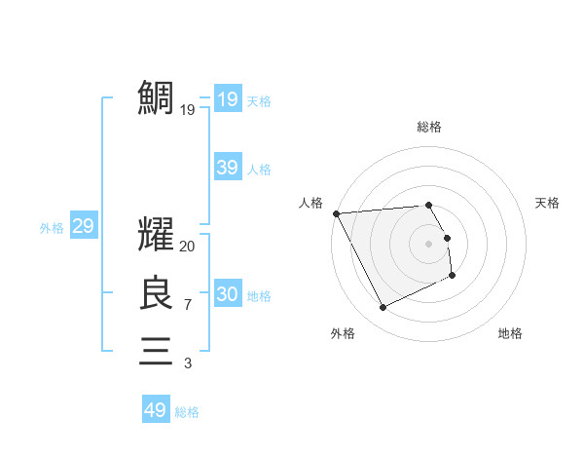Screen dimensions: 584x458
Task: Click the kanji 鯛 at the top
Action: pyautogui.click(x=156, y=98)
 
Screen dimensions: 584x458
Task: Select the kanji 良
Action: pyautogui.click(x=156, y=292)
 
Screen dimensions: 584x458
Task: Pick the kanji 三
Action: pyautogui.click(x=156, y=350)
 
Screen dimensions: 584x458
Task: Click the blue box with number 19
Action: pyautogui.click(x=228, y=98)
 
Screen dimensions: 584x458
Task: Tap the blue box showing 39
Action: pyautogui.click(x=228, y=168)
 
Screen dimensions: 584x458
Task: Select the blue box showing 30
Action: pyautogui.click(x=228, y=294)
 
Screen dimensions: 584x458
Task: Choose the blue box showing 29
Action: pyautogui.click(x=83, y=226)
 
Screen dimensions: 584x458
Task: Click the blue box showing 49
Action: pyautogui.click(x=156, y=410)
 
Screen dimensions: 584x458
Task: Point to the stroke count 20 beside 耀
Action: pyautogui.click(x=188, y=248)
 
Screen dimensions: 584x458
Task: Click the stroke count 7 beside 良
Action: pyautogui.click(x=187, y=305)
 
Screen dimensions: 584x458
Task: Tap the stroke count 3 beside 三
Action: pyautogui.click(x=187, y=363)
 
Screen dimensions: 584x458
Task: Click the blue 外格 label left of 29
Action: pyautogui.click(x=52, y=228)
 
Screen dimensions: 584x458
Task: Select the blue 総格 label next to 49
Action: pyautogui.click(x=188, y=412)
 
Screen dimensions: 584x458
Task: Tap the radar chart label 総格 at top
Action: pyautogui.click(x=429, y=127)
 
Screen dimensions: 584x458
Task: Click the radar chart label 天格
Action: pyautogui.click(x=547, y=203)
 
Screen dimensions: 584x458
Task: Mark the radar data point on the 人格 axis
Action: pyautogui.click(x=336, y=213)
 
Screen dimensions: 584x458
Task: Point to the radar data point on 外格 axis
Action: pyautogui.click(x=383, y=308)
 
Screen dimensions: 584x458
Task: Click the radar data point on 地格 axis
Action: pyautogui.click(x=453, y=276)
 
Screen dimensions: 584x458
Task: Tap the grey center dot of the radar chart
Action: pyautogui.click(x=429, y=244)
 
